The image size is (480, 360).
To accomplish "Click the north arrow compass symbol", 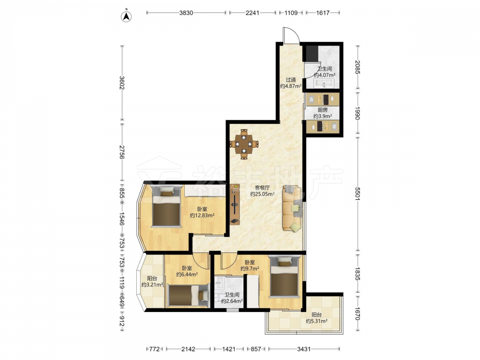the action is point(126,16).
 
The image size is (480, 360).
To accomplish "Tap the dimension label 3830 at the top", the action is point(186,13).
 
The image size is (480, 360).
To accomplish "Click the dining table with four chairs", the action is point(244,144).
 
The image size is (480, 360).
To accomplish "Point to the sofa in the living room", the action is point(292,208).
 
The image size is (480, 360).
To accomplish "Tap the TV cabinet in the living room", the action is point(235,204).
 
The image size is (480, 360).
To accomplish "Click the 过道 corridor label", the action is point(291,80).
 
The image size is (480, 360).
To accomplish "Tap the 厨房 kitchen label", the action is point(323,110).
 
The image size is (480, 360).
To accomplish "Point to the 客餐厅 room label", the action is point(263,188).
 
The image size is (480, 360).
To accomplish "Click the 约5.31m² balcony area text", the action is point(316,321).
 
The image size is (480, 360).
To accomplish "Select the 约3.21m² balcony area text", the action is point(152,285).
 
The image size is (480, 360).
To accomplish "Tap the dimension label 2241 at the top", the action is point(252,13).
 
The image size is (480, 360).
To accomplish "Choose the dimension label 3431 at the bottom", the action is point(304,349).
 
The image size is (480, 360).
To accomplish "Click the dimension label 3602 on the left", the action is point(121,83).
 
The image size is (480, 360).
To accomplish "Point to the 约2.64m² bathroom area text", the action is point(232,301).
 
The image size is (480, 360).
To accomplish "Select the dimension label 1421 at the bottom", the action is point(228,349).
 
